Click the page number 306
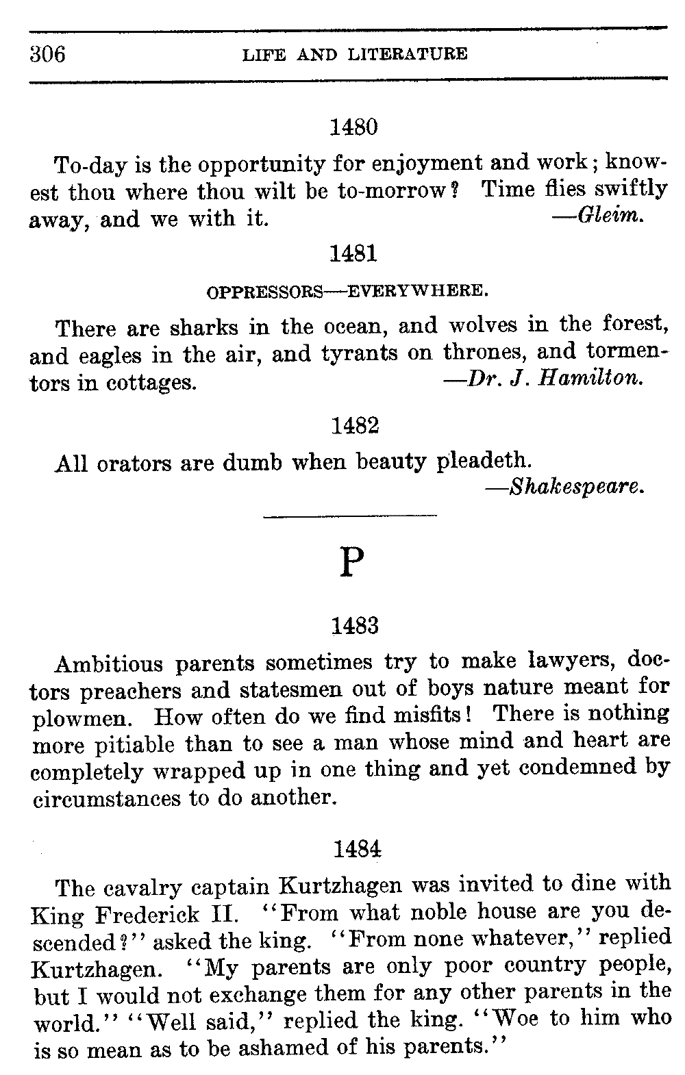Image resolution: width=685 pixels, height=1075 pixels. (47, 53)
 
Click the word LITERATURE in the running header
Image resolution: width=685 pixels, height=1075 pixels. (408, 54)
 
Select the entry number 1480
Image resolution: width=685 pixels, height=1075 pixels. (354, 127)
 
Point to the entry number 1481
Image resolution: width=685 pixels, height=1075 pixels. (354, 255)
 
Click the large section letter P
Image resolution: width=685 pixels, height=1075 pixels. (351, 562)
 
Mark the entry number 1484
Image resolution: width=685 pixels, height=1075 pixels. (356, 850)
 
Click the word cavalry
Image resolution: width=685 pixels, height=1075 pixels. (143, 887)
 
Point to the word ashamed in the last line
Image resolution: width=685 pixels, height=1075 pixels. (332, 1048)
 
